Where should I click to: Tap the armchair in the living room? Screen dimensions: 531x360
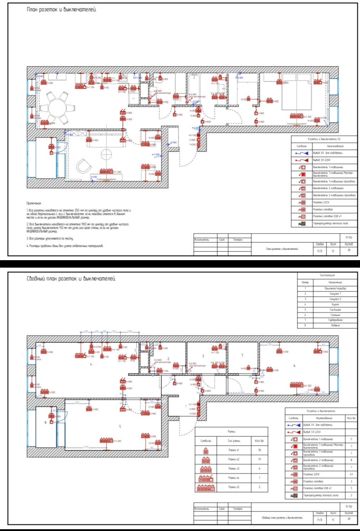[84, 166]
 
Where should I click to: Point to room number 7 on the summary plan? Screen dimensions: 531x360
[242, 355]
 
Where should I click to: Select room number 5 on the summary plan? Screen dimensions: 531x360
[120, 426]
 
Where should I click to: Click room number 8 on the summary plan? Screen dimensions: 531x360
[46, 422]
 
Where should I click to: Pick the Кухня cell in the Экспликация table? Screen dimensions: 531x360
[335, 304]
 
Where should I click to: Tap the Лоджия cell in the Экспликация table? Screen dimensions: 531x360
[335, 325]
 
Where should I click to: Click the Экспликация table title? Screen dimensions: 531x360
[327, 275]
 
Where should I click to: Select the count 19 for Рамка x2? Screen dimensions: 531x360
[259, 459]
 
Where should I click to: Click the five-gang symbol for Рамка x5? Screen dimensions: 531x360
[206, 487]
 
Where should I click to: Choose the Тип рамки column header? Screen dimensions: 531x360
[234, 441]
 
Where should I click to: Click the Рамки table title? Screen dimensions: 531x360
[231, 431]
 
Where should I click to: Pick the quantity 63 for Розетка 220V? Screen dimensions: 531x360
[351, 474]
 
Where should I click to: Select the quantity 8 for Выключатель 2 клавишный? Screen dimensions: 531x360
[351, 460]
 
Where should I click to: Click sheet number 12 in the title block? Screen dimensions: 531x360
[333, 251]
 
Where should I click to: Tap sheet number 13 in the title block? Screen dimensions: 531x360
[333, 519]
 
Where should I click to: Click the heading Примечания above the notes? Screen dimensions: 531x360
[34, 203]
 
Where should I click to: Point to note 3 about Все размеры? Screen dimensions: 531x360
[50, 238]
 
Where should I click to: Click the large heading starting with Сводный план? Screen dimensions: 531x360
[71, 279]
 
